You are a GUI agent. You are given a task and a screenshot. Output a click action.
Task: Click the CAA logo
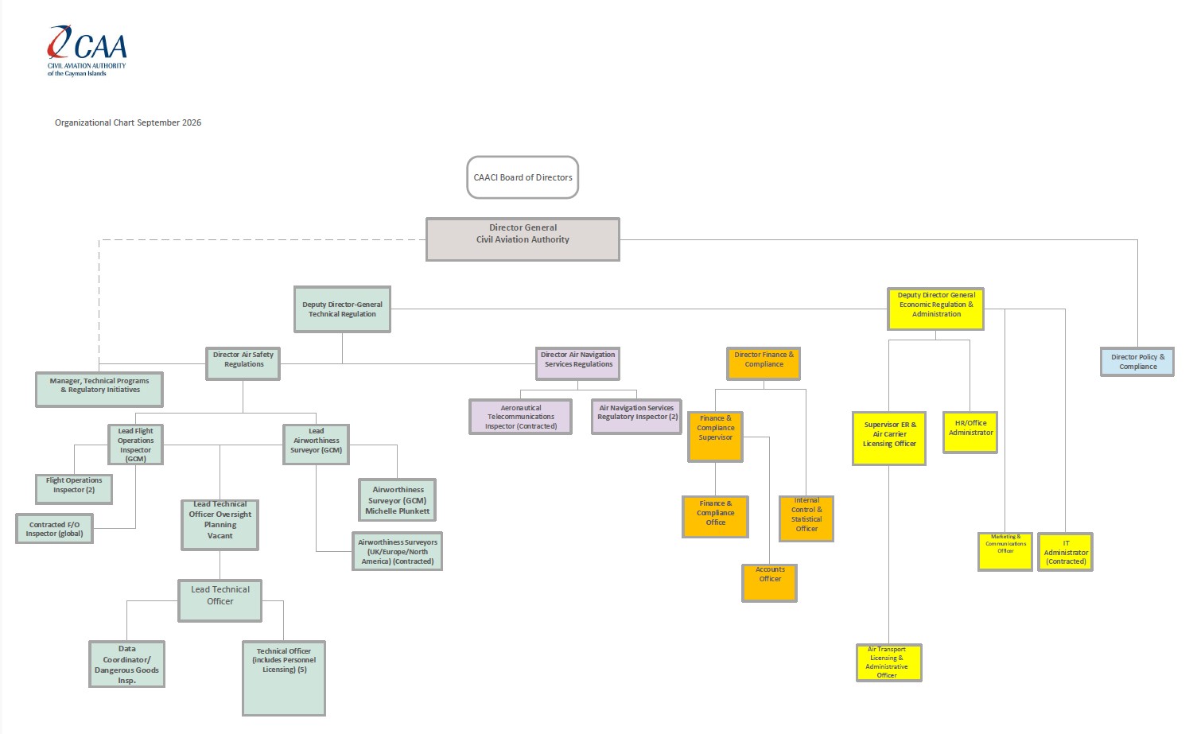point(87,51)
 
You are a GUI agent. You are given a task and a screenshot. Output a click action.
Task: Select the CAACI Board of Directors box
point(523,177)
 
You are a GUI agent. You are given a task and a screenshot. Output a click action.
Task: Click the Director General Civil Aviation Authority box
point(523,239)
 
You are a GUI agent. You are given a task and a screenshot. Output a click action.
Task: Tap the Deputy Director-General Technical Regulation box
point(342,309)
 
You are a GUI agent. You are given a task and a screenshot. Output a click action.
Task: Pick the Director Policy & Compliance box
point(1137,362)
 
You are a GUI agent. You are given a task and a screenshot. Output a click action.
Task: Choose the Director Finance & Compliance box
point(764,363)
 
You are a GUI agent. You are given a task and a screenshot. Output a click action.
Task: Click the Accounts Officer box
point(769,583)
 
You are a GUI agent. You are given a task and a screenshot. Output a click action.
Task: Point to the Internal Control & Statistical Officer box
point(806,518)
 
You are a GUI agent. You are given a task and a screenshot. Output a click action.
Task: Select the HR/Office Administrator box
point(970,433)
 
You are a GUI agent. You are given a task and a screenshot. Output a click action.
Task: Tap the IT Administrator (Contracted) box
point(1065,552)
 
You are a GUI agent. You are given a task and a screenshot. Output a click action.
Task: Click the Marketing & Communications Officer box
point(1005,552)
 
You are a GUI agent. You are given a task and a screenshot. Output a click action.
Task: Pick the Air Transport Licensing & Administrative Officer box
point(888,662)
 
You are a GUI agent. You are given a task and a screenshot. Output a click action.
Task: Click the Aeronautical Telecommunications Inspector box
point(520,417)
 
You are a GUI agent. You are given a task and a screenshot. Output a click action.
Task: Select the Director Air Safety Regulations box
point(243,363)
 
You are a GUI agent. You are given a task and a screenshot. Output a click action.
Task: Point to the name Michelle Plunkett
point(398,511)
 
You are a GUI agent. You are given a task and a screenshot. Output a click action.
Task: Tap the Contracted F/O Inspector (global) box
point(54,528)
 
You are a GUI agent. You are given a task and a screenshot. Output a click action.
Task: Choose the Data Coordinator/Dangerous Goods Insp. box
point(126,664)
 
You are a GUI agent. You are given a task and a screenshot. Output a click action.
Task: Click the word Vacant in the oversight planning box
point(220,536)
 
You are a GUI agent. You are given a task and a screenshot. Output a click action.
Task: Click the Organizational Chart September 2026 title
point(128,122)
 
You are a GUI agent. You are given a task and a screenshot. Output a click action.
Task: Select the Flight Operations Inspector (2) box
point(74,489)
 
